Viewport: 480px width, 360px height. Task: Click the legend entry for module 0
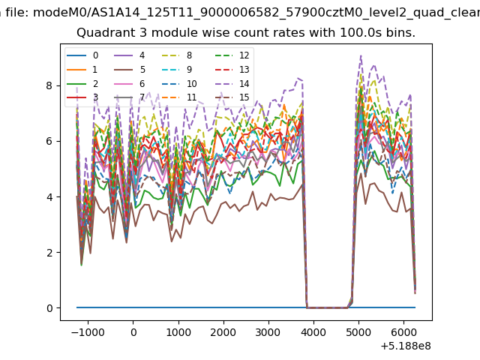point(82,55)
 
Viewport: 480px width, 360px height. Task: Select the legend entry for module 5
point(130,70)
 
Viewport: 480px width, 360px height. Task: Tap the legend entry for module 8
point(177,55)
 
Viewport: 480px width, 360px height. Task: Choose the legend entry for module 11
point(178,97)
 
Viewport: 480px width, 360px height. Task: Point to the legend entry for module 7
point(130,97)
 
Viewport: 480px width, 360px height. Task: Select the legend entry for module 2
point(82,83)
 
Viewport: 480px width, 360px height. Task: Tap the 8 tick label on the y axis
point(49,85)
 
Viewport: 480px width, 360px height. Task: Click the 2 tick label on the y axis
point(49,253)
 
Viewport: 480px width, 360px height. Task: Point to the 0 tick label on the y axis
point(49,308)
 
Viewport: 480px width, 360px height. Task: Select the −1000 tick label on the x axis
point(88,332)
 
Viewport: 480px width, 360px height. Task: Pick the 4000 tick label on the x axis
point(313,332)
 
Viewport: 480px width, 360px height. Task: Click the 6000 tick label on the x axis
point(403,332)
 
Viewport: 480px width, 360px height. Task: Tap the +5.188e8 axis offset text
point(406,346)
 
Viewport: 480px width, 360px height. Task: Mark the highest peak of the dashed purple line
point(361,55)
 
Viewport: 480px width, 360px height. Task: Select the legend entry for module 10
point(178,83)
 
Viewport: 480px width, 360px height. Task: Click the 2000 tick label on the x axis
point(223,332)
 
